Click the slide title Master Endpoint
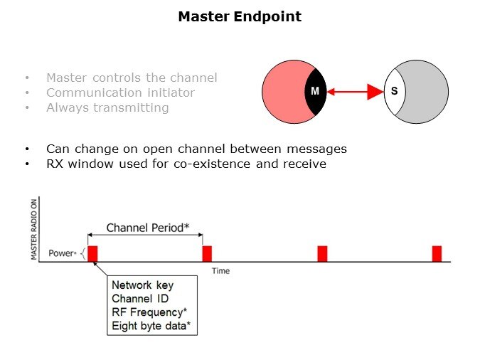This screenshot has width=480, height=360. (240, 16)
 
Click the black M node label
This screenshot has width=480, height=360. (315, 91)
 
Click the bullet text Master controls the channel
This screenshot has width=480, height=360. (132, 78)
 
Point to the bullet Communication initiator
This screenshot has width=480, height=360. (120, 92)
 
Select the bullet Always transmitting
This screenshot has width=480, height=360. (107, 107)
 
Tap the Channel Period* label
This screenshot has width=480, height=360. (146, 228)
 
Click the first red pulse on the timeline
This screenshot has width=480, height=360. (92, 253)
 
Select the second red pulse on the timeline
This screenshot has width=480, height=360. (207, 253)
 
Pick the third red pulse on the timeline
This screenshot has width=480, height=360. (322, 253)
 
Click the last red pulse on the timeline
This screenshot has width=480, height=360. (437, 253)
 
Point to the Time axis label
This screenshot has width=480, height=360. (220, 271)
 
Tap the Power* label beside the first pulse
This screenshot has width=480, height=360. (62, 253)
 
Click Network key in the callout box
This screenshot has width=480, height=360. (142, 285)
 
